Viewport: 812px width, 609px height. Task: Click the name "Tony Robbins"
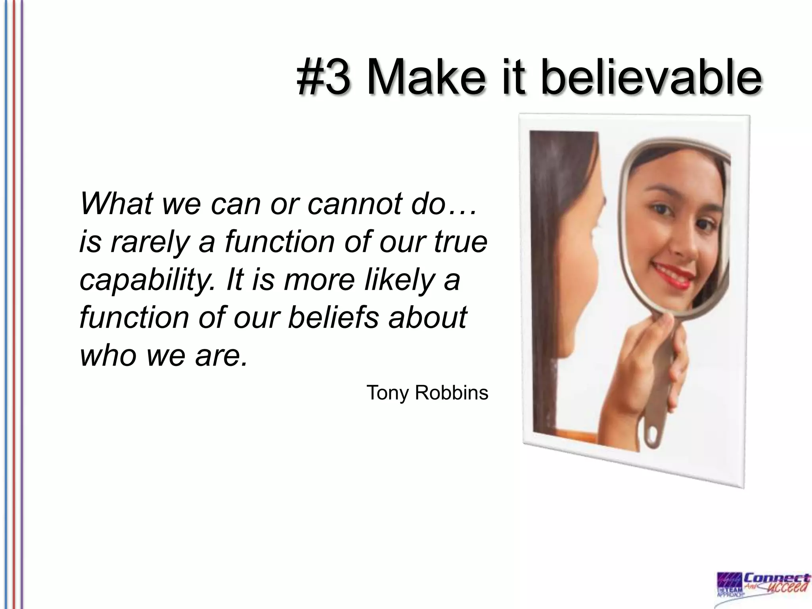pyautogui.click(x=427, y=393)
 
